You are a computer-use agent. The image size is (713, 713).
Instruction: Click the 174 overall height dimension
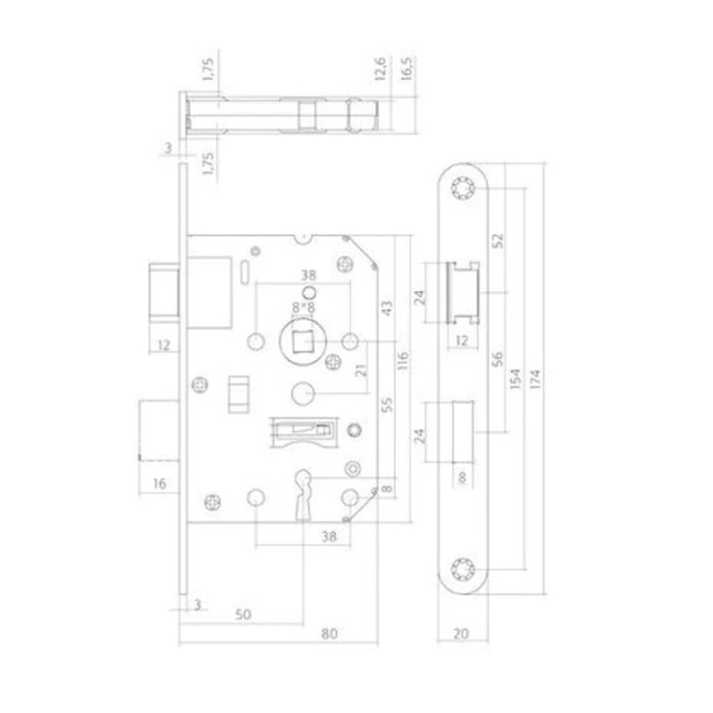point(536,376)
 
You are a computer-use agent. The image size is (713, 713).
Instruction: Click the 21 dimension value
point(362,369)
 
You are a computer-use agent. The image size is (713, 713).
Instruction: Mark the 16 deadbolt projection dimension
point(159,484)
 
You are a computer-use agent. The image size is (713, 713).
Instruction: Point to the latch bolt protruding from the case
point(164,290)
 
